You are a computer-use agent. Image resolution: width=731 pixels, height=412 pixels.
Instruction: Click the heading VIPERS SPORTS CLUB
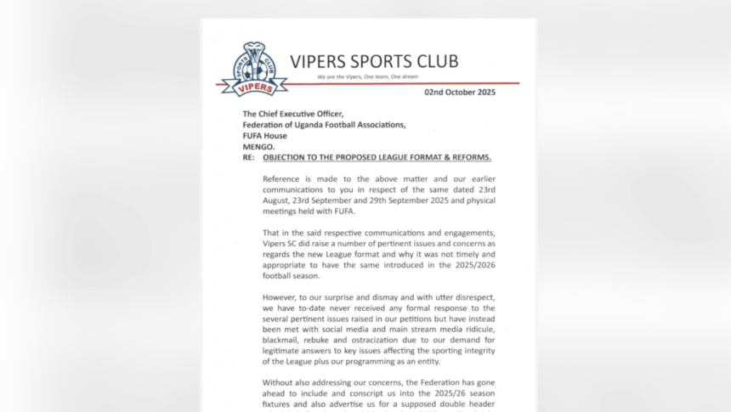(x=373, y=61)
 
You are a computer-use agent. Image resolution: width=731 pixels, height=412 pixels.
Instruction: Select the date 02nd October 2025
(x=460, y=92)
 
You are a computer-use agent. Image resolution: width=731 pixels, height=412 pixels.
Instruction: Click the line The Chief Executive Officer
(x=292, y=114)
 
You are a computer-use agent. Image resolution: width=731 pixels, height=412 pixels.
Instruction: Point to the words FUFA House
(x=265, y=135)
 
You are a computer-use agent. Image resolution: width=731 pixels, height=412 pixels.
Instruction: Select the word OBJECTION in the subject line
(x=287, y=157)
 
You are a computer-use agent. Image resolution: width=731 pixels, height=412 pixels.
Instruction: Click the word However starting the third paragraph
(x=284, y=297)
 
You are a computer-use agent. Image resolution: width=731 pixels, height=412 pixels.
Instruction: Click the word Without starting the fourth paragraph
(x=282, y=382)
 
